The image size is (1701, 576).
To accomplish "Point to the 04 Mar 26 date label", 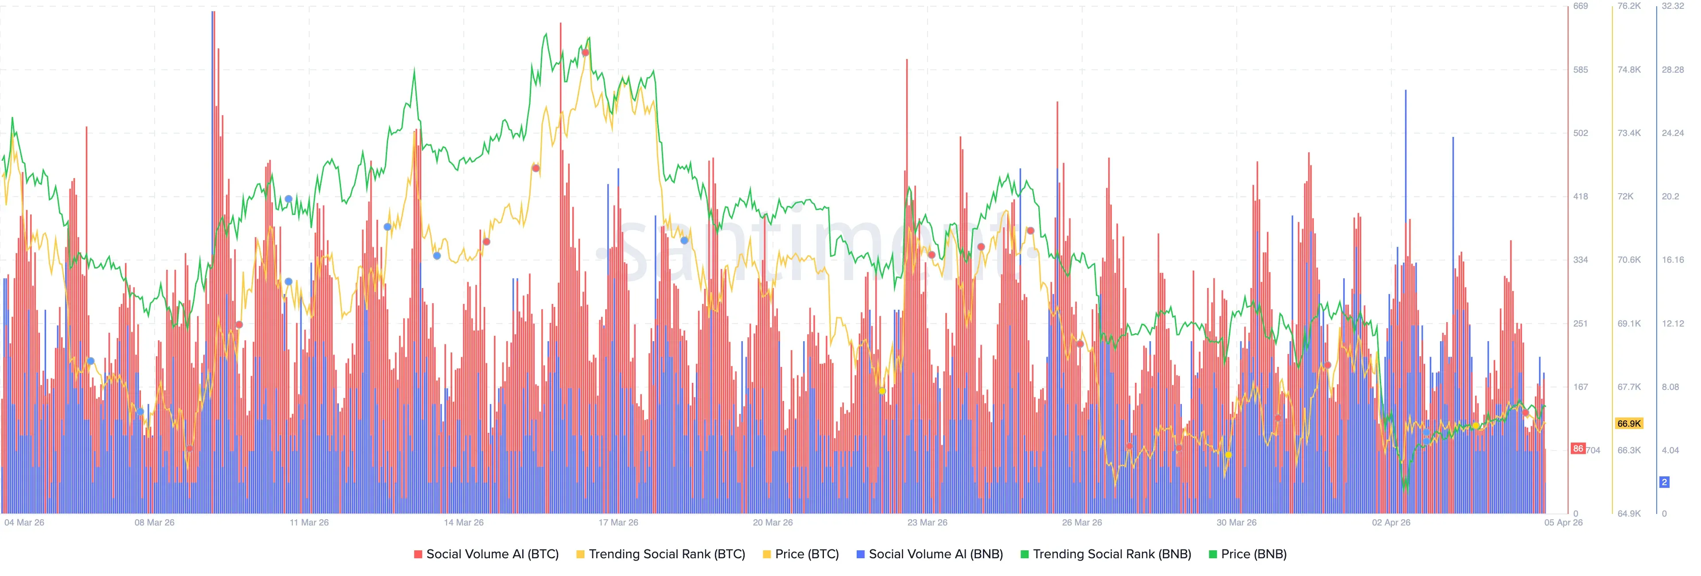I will click(x=24, y=522).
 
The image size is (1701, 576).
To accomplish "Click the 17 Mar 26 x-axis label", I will click(x=618, y=522).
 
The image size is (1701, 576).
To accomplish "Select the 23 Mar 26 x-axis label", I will click(x=927, y=522).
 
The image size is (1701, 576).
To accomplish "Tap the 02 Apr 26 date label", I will click(x=1390, y=522).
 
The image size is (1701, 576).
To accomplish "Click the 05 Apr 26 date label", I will click(x=1563, y=522).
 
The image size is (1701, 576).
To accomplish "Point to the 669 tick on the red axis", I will click(x=1580, y=6).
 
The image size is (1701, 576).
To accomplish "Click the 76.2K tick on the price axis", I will click(x=1629, y=6).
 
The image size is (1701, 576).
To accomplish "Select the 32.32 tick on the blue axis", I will click(x=1673, y=6).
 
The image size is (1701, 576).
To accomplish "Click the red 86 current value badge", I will click(x=1577, y=448).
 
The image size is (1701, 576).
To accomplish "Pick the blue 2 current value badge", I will click(x=1664, y=482).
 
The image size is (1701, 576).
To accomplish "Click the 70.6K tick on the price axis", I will click(x=1629, y=260).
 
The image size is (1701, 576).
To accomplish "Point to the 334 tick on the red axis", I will click(x=1580, y=260).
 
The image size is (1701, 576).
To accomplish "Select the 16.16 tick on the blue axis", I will click(x=1673, y=260).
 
